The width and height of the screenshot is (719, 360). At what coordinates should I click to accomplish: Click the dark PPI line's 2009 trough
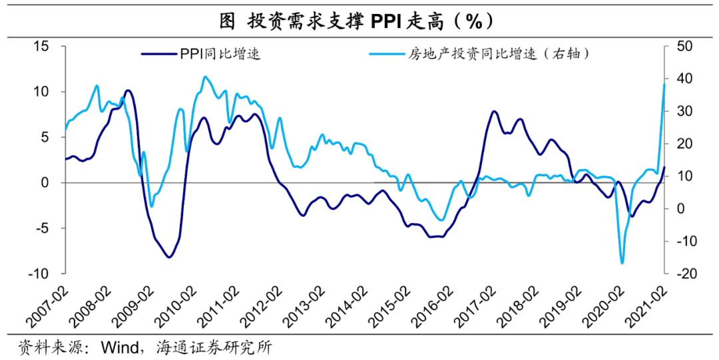[x=169, y=257]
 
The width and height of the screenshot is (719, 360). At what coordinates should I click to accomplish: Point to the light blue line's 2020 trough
[x=622, y=263]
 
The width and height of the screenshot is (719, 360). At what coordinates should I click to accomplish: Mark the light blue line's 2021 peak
[x=664, y=83]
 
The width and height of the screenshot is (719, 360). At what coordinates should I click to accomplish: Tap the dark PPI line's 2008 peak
[x=128, y=90]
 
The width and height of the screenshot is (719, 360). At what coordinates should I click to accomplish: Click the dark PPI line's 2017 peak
[x=494, y=111]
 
